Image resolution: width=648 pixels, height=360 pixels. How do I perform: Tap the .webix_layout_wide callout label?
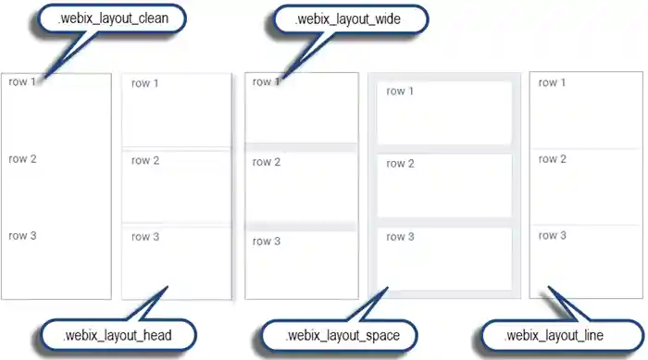coord(348,19)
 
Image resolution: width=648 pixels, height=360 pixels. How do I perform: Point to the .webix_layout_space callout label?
coord(342,334)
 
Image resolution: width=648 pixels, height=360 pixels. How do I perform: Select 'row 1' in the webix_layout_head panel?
coord(145,83)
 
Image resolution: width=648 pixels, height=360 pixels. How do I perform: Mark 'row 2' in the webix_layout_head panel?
coord(145,161)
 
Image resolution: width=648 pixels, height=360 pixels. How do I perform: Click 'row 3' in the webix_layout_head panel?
coord(145,237)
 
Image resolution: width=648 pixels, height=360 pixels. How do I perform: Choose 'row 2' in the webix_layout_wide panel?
coord(267,163)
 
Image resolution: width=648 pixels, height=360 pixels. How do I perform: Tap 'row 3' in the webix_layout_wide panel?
coord(267,242)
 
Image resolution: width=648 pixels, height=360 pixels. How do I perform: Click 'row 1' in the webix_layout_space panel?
coord(400,91)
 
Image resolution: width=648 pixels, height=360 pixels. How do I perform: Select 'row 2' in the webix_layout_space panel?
coord(400,164)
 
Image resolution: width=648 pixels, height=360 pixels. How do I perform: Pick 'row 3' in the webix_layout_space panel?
coord(400,237)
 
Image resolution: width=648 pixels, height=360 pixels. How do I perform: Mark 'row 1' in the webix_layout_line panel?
coord(553,82)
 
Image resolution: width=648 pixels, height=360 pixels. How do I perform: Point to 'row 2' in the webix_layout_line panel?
coord(553,159)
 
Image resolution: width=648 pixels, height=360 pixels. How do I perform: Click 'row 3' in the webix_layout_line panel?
coord(553,236)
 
